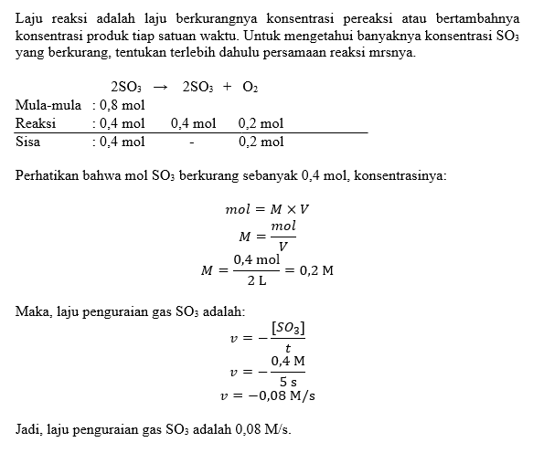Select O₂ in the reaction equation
(x=251, y=87)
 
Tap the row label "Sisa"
(x=31, y=142)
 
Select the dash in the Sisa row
(x=192, y=142)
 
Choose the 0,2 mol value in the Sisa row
(x=261, y=142)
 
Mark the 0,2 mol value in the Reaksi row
(x=261, y=123)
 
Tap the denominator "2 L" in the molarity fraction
(x=255, y=279)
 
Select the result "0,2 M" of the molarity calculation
(x=315, y=270)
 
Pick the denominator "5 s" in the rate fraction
(x=287, y=382)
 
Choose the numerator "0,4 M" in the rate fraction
(x=287, y=363)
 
